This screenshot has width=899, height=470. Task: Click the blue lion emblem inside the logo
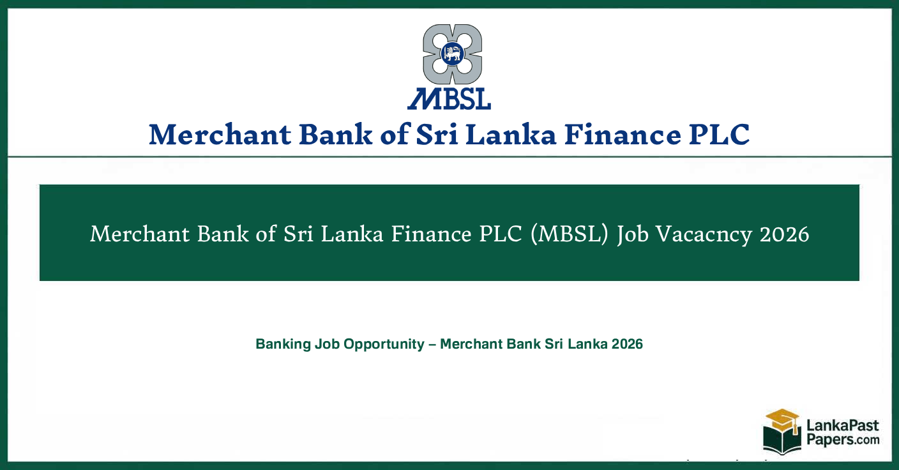click(x=453, y=54)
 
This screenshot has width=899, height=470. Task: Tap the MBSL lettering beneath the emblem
click(x=450, y=98)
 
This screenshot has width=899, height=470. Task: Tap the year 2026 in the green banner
click(x=785, y=234)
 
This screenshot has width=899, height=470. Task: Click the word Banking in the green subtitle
click(x=283, y=344)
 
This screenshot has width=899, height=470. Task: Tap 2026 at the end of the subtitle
click(x=627, y=344)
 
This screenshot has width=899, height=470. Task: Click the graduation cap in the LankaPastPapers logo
click(x=782, y=419)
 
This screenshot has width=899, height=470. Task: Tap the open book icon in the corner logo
click(x=781, y=440)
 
